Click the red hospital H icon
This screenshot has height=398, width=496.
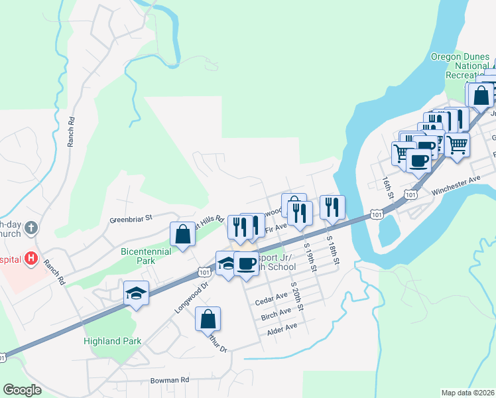pyautogui.click(x=31, y=257)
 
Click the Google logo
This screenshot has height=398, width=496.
pyautogui.click(x=22, y=389)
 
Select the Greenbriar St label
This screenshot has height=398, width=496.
pyautogui.click(x=131, y=217)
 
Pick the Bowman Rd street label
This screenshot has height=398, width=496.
pyautogui.click(x=169, y=380)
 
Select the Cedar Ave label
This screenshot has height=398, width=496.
pyautogui.click(x=272, y=296)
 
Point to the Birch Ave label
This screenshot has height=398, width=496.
pyautogui.click(x=276, y=312)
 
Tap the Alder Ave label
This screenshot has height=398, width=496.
pyautogui.click(x=281, y=328)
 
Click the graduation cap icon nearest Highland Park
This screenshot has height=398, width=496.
pyautogui.click(x=137, y=292)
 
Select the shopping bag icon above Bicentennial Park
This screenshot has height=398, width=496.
pyautogui.click(x=182, y=233)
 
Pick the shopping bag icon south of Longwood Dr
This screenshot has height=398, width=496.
pyautogui.click(x=208, y=318)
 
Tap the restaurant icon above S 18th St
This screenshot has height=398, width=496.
pyautogui.click(x=332, y=207)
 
